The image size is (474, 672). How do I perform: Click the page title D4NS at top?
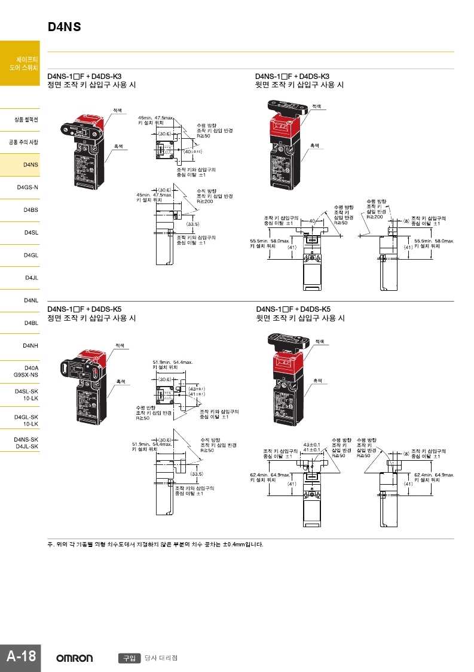(64, 27)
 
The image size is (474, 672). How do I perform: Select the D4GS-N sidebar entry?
(28, 187)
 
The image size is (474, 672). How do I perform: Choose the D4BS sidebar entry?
(31, 210)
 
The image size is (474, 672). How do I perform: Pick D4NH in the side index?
(31, 346)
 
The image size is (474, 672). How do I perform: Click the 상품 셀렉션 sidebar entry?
(26, 120)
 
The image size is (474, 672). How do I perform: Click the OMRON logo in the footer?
(75, 658)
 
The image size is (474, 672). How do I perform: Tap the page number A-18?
(20, 657)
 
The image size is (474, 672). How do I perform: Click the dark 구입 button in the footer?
(129, 658)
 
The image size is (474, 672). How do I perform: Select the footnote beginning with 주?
(155, 545)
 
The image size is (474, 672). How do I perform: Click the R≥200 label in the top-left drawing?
(205, 201)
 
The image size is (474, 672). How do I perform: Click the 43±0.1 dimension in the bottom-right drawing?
(311, 445)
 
